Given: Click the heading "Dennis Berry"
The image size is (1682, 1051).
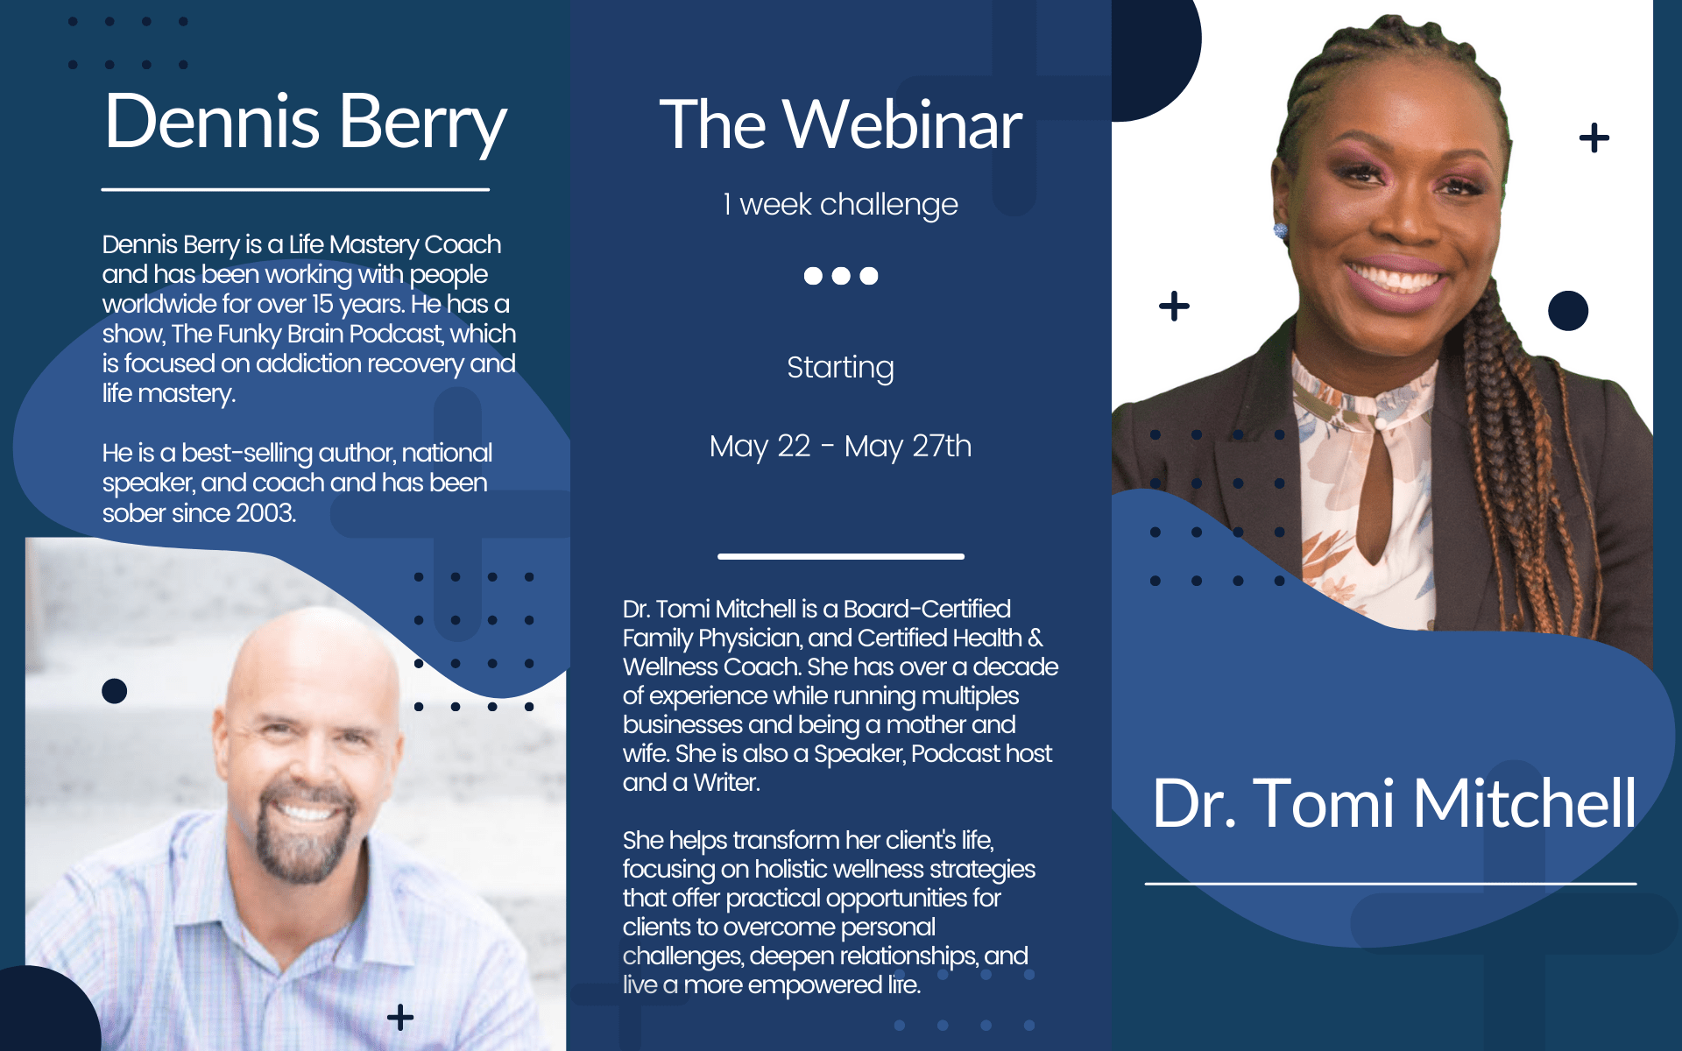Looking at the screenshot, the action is click(305, 123).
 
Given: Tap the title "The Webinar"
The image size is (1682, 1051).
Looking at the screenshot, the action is click(841, 125).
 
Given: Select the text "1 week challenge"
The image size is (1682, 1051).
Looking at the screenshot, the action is click(840, 205).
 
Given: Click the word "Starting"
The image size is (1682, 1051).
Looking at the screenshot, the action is click(840, 368).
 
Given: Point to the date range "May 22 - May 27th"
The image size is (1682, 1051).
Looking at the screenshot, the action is click(840, 447).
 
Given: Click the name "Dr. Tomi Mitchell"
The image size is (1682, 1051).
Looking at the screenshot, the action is click(1394, 803).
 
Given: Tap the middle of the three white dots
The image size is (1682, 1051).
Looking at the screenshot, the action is click(841, 276).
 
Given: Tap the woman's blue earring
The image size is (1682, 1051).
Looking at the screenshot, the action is click(1280, 231).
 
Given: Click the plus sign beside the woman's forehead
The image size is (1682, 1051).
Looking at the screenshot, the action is click(1594, 138).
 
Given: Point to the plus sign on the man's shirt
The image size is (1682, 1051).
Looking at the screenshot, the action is click(400, 1017).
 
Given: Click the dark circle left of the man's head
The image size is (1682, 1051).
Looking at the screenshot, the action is click(115, 691).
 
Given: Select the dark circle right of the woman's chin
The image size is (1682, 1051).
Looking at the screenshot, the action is click(1568, 311).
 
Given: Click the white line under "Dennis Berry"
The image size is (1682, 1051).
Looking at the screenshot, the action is click(295, 189).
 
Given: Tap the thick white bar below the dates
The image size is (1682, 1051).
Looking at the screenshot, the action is click(841, 556).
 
